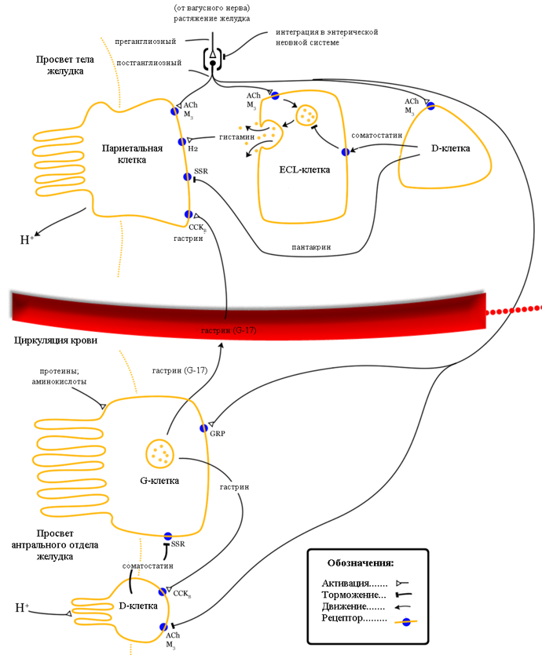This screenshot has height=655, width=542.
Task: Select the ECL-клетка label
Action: coord(304,169)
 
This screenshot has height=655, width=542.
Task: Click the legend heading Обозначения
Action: coord(360,562)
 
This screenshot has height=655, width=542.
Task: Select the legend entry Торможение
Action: coord(354,595)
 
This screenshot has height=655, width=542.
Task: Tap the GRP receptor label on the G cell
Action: coord(218,432)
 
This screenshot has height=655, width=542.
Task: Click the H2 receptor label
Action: coord(192,148)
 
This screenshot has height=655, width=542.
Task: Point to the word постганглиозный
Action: coord(148,63)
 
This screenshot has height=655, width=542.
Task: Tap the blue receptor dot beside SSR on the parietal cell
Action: coord(187,176)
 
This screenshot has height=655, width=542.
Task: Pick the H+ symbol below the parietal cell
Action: coord(26,239)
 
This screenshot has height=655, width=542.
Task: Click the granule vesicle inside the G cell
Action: coord(161,451)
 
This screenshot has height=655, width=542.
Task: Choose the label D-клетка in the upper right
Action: coord(451,147)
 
